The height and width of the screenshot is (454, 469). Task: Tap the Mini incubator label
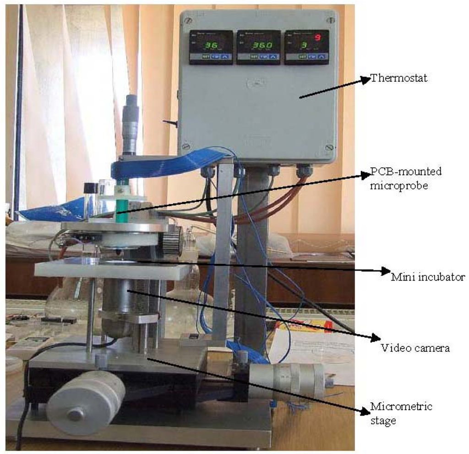click(x=428, y=277)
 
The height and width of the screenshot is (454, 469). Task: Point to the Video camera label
click(x=415, y=348)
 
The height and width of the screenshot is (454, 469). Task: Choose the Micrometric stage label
click(x=401, y=413)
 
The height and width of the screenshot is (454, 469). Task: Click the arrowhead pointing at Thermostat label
click(x=365, y=80)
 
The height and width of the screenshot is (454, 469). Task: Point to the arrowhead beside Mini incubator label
click(x=384, y=271)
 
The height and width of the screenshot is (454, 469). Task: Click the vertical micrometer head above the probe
click(x=131, y=124)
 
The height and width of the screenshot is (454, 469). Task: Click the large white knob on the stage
click(x=86, y=402)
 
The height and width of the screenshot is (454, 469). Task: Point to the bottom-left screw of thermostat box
click(x=185, y=147)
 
